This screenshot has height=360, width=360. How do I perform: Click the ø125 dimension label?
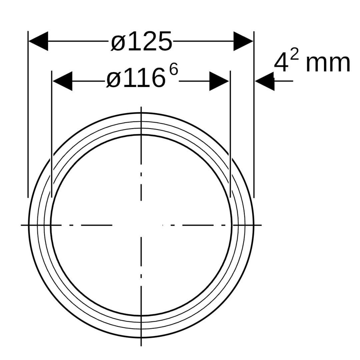pyautogui.click(x=141, y=41)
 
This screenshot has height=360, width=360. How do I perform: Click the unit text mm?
pyautogui.click(x=328, y=63)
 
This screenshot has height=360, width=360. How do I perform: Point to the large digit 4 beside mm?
pyautogui.click(x=281, y=63)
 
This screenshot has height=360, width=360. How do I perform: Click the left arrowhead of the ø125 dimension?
pyautogui.click(x=38, y=41)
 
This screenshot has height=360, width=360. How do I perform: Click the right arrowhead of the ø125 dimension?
pyautogui.click(x=243, y=41)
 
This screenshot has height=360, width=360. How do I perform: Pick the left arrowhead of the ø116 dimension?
pyautogui.click(x=62, y=81)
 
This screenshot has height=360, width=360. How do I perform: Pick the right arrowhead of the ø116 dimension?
pyautogui.click(x=219, y=81)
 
